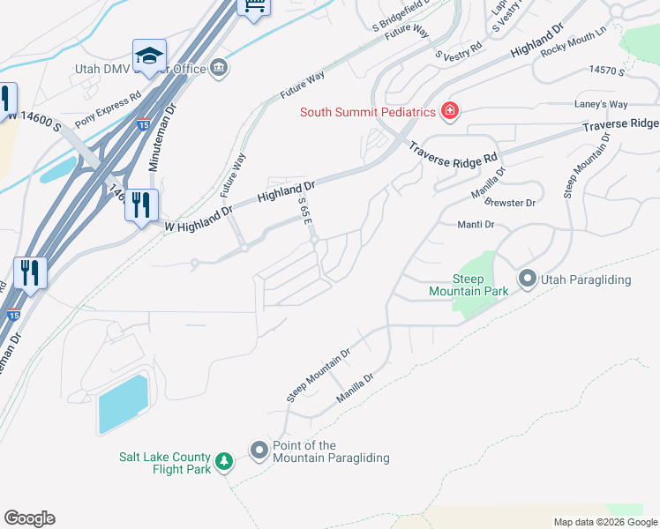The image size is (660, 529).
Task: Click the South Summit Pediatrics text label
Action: [x=368, y=112]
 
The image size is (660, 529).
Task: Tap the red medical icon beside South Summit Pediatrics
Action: [x=450, y=111]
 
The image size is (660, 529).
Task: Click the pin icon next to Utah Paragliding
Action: [x=528, y=279]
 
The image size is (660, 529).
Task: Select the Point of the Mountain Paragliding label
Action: [x=331, y=451]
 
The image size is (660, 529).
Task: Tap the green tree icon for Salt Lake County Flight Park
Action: [x=224, y=462]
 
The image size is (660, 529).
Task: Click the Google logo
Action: [x=29, y=518]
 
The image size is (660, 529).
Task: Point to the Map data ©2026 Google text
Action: [x=604, y=522]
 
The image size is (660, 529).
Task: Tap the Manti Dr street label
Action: [x=476, y=225]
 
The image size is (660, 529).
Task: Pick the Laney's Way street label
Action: [x=601, y=104]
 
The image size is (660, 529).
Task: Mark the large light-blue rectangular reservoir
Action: [x=122, y=405]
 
